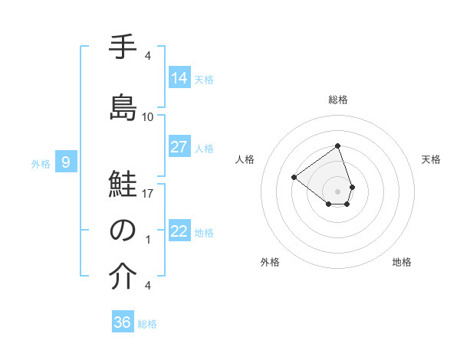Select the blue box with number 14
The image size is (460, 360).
[179, 77]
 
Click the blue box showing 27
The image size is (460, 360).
[179, 147]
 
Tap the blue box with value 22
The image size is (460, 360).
[179, 231]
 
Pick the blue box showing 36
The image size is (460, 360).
[123, 322]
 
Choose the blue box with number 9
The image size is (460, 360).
[66, 162]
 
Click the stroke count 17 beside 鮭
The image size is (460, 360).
[148, 194]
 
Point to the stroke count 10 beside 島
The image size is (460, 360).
[148, 117]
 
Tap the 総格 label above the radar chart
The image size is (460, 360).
[337, 100]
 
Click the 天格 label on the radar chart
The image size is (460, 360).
[432, 159]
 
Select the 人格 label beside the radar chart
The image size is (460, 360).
[245, 159]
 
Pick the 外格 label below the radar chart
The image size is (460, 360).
[270, 262]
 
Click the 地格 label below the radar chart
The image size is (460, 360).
[402, 262]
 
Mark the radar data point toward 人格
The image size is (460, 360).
[294, 177]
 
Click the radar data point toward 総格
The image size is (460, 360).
[337, 146]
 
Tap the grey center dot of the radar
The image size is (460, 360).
[337, 191]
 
